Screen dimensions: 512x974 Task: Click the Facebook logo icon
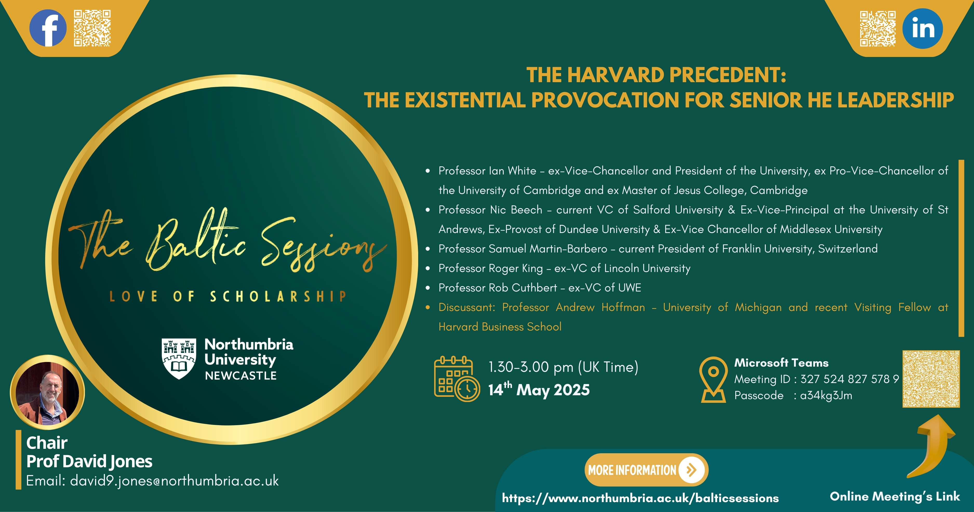48,28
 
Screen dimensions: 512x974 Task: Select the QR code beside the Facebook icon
92,28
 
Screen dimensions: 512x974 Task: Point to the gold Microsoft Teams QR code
931,379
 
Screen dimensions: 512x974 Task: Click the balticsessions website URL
640,498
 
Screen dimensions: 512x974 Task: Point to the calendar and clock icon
457,378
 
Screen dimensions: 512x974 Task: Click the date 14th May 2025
539,390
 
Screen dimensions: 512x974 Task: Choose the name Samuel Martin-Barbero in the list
548,249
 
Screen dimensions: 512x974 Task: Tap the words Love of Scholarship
228,296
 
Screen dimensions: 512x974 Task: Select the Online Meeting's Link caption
895,496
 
